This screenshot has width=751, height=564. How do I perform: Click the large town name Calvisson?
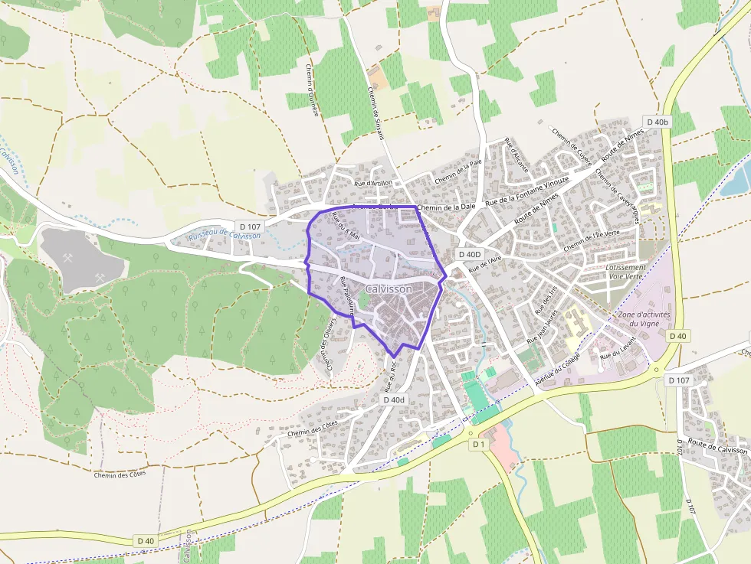[389, 289]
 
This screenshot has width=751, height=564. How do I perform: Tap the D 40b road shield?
[658, 122]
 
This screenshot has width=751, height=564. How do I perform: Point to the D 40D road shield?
[470, 254]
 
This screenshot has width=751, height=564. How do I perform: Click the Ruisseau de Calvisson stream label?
[225, 236]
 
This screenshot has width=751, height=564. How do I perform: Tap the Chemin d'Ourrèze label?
[312, 90]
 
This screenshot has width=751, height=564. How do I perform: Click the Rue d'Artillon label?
[373, 183]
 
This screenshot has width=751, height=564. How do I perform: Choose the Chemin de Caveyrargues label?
[618, 196]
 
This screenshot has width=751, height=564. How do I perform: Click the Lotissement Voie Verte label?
[626, 272]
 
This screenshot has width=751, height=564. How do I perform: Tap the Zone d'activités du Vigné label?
[639, 318]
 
